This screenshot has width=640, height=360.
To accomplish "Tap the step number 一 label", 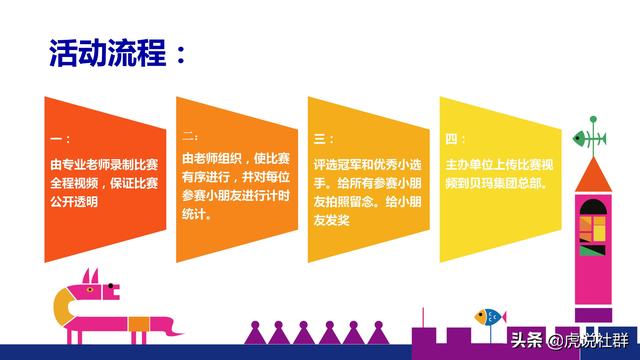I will point(59,140).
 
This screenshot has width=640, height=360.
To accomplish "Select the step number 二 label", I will point(190,135).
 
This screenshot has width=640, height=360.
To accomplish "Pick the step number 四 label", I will point(455,138).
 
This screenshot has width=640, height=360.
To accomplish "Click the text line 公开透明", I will point(77,201).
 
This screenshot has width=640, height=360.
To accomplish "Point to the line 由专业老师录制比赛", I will point(104,163).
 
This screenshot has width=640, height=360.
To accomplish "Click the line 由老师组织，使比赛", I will point(235,159).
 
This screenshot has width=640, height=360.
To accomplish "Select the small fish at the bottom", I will point(489,317).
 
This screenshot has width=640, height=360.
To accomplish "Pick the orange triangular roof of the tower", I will point(590,174).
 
